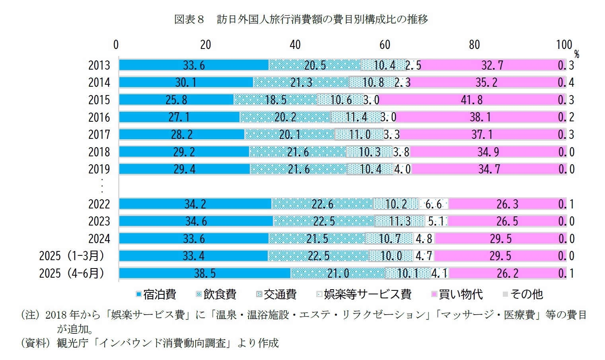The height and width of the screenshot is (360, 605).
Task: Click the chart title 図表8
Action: click(x=189, y=19)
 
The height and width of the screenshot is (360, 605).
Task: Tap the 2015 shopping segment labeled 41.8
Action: click(x=471, y=100)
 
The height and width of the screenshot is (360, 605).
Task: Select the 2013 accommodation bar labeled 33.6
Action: click(x=194, y=65)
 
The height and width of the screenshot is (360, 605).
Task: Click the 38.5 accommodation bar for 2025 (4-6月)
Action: click(x=204, y=273)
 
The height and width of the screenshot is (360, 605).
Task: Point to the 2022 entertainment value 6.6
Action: click(x=433, y=204)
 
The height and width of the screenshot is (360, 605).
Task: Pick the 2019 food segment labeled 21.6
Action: click(x=298, y=169)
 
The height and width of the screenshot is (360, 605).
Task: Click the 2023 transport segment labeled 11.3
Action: click(x=400, y=221)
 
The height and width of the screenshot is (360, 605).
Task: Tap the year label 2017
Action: click(x=99, y=134)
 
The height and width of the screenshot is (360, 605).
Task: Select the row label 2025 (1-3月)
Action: click(x=72, y=256)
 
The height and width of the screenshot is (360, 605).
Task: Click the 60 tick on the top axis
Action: click(x=385, y=45)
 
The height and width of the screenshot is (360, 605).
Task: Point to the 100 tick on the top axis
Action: click(x=564, y=45)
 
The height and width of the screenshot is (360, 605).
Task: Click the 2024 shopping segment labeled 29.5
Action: click(x=500, y=239)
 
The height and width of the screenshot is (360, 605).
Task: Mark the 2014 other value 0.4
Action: click(x=566, y=82)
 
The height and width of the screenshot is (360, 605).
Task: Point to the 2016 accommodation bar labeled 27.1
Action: click(x=179, y=117)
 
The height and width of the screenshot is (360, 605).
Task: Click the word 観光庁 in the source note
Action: click(x=72, y=343)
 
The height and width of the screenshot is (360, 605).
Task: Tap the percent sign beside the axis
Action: click(x=576, y=55)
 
